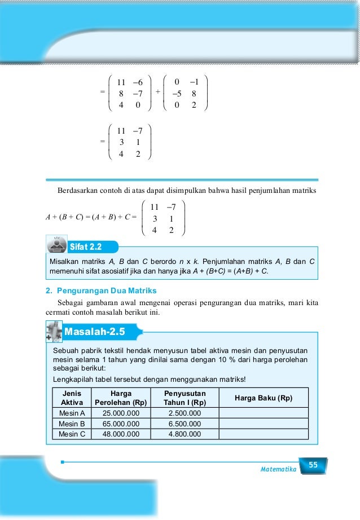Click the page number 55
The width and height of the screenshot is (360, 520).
313,465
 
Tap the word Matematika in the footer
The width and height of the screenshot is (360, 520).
278,469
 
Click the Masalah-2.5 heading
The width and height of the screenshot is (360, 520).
94,330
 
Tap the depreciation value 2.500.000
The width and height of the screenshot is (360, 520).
185,413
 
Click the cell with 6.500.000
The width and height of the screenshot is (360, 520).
185,424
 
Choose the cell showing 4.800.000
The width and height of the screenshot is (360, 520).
185,434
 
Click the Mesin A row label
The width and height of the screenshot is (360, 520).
72,413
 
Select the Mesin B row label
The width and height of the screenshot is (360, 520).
72,424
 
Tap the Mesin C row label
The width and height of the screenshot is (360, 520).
72,434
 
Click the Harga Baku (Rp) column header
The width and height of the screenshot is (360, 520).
263,398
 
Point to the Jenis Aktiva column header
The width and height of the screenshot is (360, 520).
72,398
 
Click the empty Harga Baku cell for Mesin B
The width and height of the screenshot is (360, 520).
263,424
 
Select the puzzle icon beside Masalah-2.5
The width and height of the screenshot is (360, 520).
54,330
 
